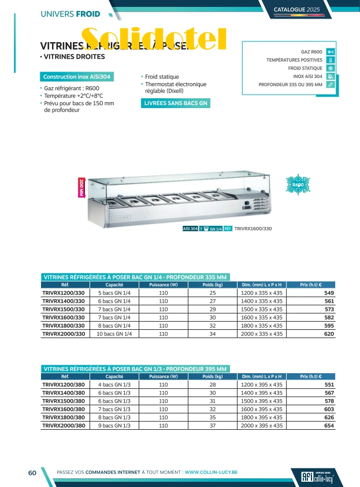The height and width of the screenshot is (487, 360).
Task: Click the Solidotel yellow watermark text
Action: coord(153,38)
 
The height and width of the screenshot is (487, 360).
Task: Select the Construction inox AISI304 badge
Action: coord(77,77)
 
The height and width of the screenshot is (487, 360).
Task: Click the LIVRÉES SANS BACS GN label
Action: coord(176,103)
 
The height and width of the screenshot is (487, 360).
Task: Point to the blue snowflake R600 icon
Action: coord(298,184)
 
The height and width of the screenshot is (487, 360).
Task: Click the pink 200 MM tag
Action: coord(81,188)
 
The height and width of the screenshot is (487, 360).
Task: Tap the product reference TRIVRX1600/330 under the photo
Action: coord(253,229)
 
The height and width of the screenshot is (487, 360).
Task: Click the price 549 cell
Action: coord(329,293)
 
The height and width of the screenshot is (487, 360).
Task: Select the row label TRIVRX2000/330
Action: coord(64,333)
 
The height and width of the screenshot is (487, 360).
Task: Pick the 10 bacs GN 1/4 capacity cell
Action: coord(114,333)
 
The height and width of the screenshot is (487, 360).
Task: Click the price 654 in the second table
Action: coord(329,425)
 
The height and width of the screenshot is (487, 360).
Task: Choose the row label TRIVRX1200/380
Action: coord(64,384)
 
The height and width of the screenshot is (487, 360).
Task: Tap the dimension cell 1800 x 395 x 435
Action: coord(262,417)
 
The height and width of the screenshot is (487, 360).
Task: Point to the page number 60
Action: coord(33,473)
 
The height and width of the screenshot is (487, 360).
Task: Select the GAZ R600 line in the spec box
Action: coord(311,51)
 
